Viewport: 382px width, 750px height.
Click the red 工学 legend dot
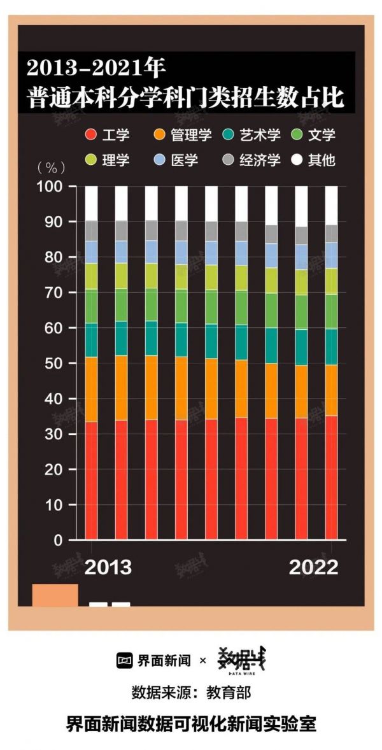pos(92,135)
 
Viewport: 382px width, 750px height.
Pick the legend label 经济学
pos(260,160)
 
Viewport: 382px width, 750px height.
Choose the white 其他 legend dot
pos(296,160)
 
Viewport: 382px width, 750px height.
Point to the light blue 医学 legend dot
pos(160,160)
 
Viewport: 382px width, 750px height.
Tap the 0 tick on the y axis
pos(58,541)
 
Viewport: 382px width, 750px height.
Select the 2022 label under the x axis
pos(313,567)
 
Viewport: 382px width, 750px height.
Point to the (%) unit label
pos(51,168)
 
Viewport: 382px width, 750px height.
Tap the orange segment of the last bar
pos(331,390)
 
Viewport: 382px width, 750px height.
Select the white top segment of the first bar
pos(92,203)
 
